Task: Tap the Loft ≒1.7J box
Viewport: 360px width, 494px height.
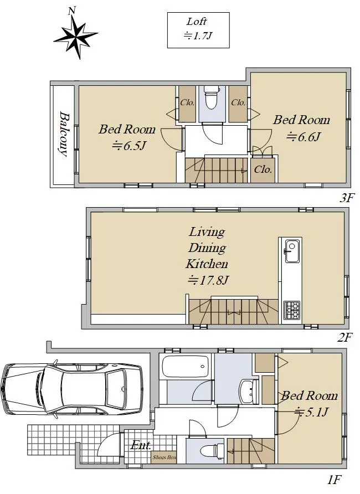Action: pos(198,30)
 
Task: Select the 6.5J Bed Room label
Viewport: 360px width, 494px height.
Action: pos(127,137)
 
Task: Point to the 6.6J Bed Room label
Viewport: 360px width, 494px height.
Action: pos(301,128)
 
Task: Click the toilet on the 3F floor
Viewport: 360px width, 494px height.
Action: pos(212,97)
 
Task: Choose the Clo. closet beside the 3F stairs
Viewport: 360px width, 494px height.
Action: pos(263,169)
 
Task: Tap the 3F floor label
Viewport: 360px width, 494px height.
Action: pos(347,198)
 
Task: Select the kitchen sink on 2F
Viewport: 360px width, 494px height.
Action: pos(292,251)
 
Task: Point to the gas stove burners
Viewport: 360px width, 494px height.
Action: pos(292,310)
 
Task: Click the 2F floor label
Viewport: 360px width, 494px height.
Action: pos(344,337)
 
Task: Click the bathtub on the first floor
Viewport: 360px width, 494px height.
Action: pos(186,367)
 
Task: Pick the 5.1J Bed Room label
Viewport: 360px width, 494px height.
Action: pos(309,404)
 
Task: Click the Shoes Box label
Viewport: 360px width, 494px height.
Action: pos(164,457)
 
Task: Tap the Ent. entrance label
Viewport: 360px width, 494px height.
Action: pos(141,445)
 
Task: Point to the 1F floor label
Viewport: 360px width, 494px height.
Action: pos(334,480)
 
